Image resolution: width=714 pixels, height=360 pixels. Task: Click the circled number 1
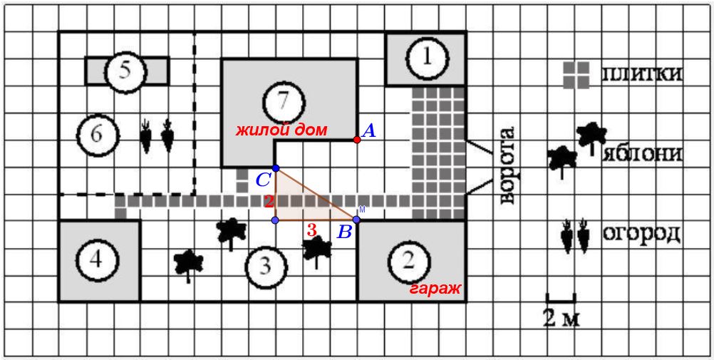(x=427, y=58)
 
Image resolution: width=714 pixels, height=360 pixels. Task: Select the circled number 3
(x=265, y=267)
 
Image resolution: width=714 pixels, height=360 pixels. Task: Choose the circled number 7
(x=284, y=101)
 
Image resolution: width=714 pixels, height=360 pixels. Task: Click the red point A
(x=357, y=140)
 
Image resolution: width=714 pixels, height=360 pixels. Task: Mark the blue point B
(x=356, y=220)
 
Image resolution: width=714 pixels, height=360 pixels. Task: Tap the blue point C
(x=276, y=168)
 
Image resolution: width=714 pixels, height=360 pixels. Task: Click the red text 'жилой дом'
(x=283, y=131)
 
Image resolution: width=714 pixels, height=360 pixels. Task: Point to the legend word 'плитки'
(x=641, y=74)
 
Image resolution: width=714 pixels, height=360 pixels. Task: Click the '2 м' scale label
(x=561, y=317)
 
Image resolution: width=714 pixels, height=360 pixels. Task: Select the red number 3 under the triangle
(x=311, y=230)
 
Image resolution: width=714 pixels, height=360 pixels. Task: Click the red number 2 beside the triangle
(x=269, y=201)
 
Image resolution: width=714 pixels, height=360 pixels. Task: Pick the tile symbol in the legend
(x=576, y=75)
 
